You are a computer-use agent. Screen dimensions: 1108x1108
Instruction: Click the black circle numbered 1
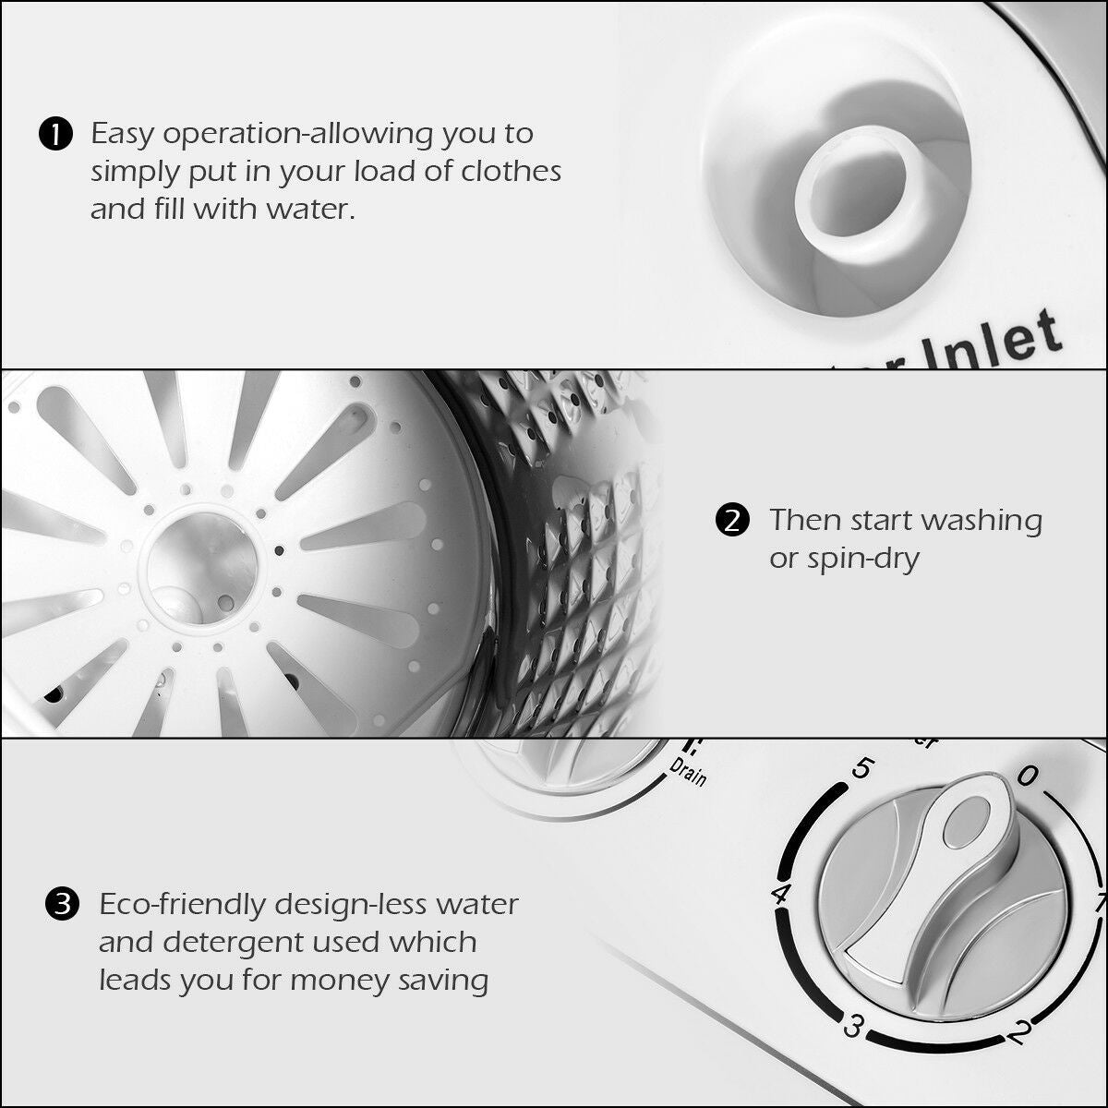54,135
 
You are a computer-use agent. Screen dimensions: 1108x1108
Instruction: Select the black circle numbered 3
62,904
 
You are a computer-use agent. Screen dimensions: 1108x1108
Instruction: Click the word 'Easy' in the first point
124,134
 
